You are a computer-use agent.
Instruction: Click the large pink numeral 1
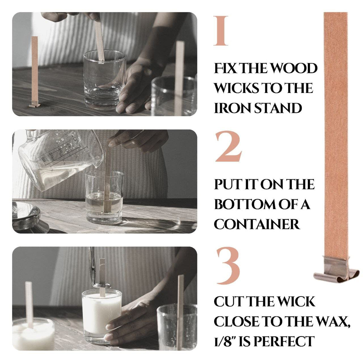tap(221, 31)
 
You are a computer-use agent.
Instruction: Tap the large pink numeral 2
tap(228, 146)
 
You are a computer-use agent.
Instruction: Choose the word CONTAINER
tap(257, 224)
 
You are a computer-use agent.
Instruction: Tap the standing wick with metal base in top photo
tap(34, 72)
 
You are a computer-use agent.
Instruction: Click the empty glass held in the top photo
tap(105, 80)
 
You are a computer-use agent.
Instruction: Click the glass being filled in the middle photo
tap(104, 197)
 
